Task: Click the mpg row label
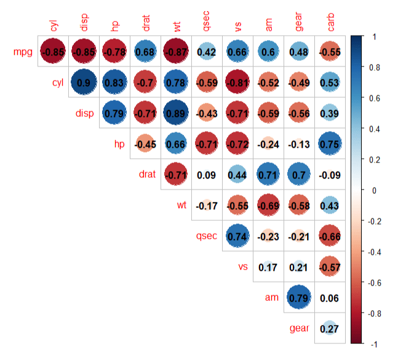23,52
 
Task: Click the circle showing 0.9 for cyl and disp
85,82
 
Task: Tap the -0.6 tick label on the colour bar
377,282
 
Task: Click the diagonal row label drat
146,175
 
